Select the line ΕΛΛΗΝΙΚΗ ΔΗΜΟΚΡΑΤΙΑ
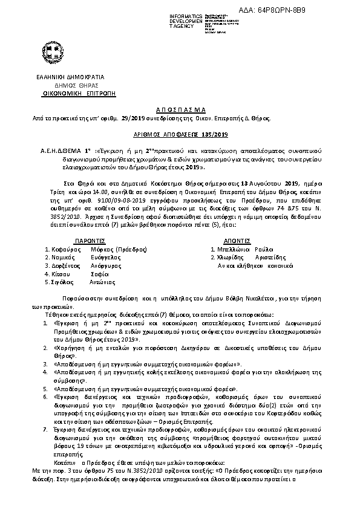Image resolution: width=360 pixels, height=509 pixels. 70,77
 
